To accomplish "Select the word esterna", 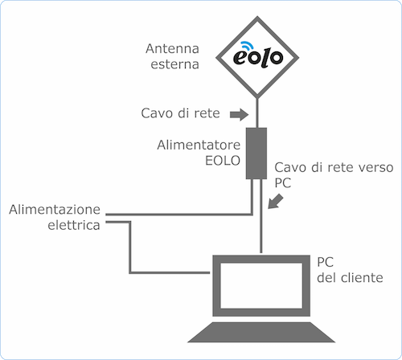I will [174, 65].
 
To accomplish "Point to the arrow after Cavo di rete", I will [237, 114].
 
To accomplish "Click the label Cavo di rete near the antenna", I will [180, 114].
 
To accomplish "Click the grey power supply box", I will [257, 153].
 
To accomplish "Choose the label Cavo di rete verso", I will [333, 167].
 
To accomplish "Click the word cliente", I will [359, 278].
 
